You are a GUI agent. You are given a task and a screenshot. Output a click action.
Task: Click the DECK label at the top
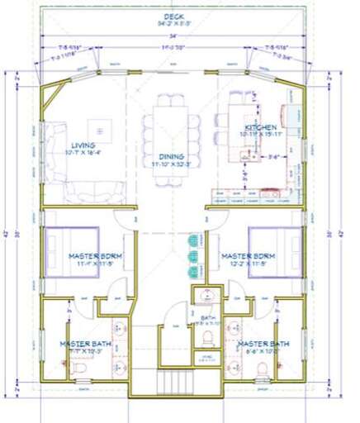(x=173, y=16)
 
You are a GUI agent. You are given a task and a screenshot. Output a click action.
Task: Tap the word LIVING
(x=83, y=145)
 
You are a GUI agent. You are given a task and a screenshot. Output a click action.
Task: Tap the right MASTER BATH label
(x=263, y=343)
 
